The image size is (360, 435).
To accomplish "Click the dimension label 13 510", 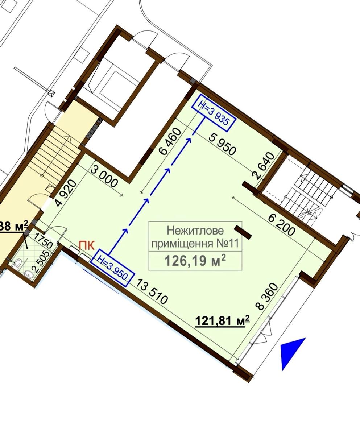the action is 152,291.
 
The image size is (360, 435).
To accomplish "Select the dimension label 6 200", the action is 282,225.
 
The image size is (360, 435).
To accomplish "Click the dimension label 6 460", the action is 169,141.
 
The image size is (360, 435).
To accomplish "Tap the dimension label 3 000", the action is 104,177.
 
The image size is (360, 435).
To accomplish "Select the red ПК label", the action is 87,246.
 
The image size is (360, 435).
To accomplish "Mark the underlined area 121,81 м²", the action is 222,320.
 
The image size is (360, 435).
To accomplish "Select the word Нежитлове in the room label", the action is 195,231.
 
